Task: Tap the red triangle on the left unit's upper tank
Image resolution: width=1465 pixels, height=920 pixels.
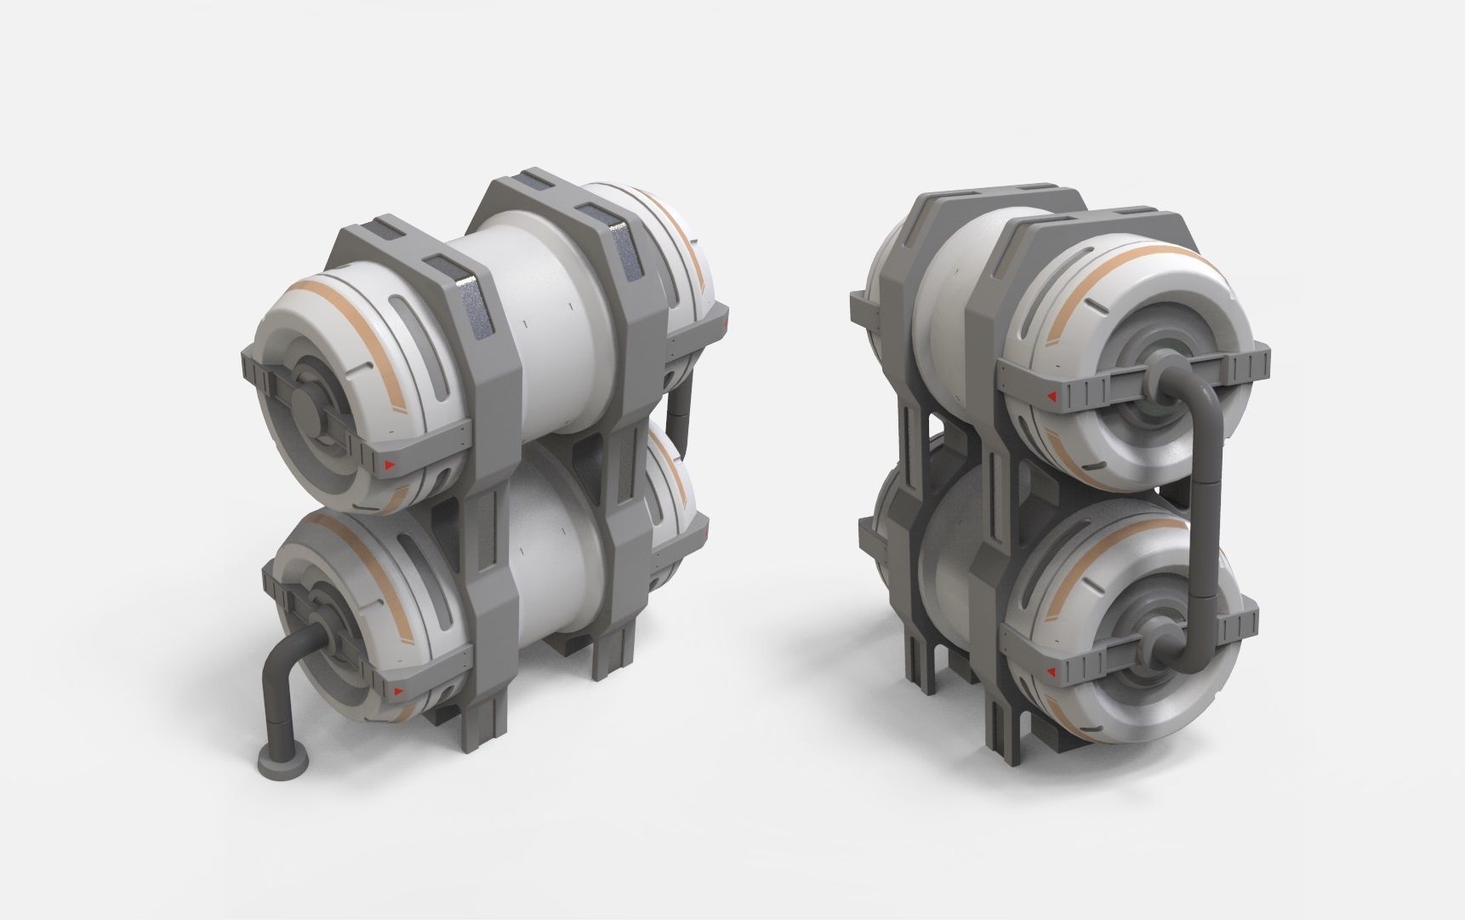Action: point(388,465)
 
